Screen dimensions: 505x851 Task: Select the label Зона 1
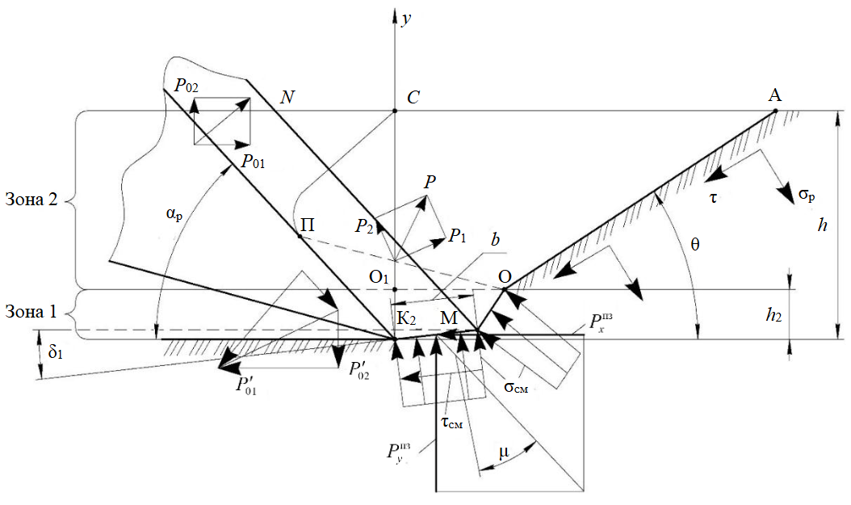(31, 310)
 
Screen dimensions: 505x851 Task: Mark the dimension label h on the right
(823, 225)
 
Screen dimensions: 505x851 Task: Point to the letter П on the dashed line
(307, 225)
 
